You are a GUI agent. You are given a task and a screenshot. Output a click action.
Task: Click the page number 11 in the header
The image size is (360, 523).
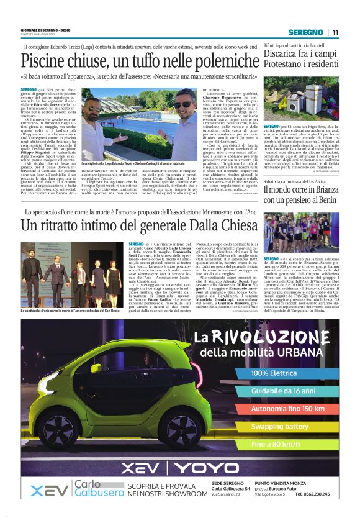(x=335, y=32)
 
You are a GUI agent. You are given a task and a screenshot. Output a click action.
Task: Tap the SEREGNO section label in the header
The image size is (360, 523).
(x=305, y=32)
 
